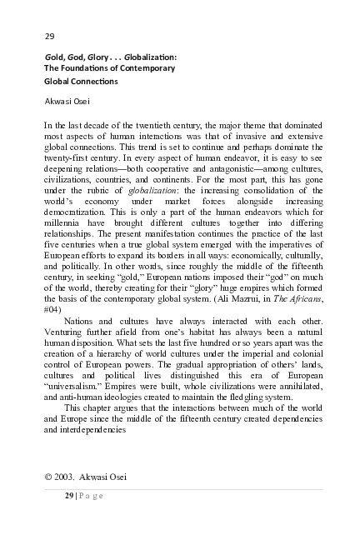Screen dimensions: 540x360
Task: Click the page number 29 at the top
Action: [x=49, y=36]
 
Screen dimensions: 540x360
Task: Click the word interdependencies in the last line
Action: [x=84, y=429]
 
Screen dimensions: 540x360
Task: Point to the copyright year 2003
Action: [x=72, y=476]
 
